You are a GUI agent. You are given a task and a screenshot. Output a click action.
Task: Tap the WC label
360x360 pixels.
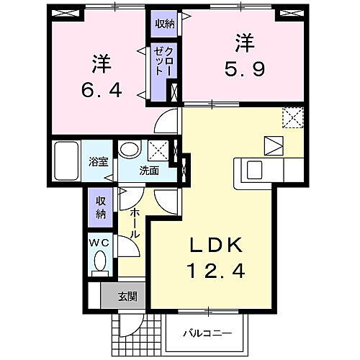[99, 243]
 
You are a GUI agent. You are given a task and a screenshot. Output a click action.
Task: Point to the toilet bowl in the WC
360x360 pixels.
[100, 262]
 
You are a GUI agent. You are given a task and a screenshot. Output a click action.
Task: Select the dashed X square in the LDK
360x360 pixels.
[292, 117]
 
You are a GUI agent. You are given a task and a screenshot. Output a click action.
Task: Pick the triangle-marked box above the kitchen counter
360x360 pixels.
[274, 144]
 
